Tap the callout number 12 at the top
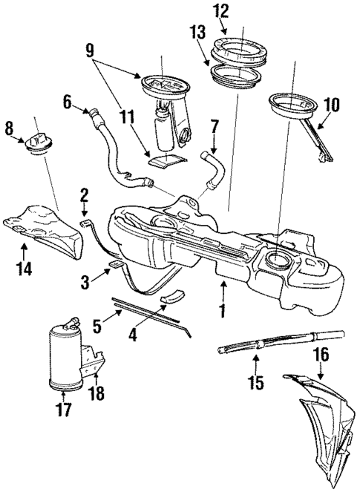click(x=221, y=11)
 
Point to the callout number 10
click(x=331, y=105)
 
